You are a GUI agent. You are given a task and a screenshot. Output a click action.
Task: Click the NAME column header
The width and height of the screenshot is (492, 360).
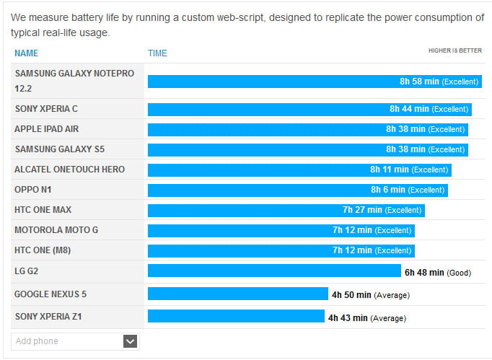coord(26,53)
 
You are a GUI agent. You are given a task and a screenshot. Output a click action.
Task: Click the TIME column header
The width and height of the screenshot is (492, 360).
coord(157,53)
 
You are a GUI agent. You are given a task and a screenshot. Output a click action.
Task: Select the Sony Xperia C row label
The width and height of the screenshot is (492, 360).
coord(46,109)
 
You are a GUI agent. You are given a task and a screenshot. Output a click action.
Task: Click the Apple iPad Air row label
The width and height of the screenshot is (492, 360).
coord(47,129)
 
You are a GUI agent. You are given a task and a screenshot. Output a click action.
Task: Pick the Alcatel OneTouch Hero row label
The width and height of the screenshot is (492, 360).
coord(69,170)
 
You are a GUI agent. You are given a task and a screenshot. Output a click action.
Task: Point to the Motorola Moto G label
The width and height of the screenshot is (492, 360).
coord(56,230)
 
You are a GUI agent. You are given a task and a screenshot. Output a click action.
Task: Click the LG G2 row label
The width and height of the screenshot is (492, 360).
coord(27,271)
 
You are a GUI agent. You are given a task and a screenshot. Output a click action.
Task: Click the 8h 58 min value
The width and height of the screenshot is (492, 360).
coord(419,82)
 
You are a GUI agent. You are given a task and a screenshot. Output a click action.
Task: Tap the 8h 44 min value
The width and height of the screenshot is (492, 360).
coord(409,109)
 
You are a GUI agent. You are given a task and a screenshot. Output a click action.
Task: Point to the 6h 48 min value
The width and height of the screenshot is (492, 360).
coord(423,273)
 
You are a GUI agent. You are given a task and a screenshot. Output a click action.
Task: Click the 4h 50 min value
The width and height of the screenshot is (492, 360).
coord(351,295)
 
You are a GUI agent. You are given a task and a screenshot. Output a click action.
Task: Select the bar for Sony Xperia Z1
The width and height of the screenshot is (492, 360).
coord(236,316)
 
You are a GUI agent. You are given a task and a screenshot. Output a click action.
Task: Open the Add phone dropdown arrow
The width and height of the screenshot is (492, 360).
coord(130,341)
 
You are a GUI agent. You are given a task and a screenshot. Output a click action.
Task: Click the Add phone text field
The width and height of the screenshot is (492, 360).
coord(65,341)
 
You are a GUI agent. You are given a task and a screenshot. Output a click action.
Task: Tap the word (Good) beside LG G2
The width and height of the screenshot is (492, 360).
coord(459,273)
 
